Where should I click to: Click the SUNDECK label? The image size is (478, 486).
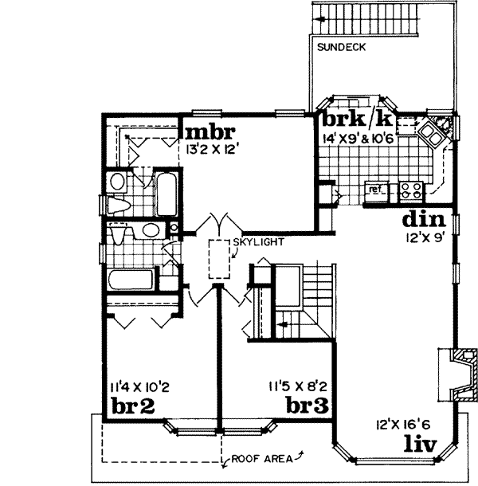pos(341,47)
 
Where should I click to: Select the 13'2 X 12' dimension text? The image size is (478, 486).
pos(212,148)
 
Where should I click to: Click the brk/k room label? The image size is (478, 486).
pos(357,119)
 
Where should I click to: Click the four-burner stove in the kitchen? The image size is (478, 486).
pos(411,190)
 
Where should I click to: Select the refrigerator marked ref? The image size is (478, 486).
pos(374,190)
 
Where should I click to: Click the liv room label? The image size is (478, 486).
pos(420,442)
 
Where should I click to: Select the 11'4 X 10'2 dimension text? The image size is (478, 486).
pos(135,388)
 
